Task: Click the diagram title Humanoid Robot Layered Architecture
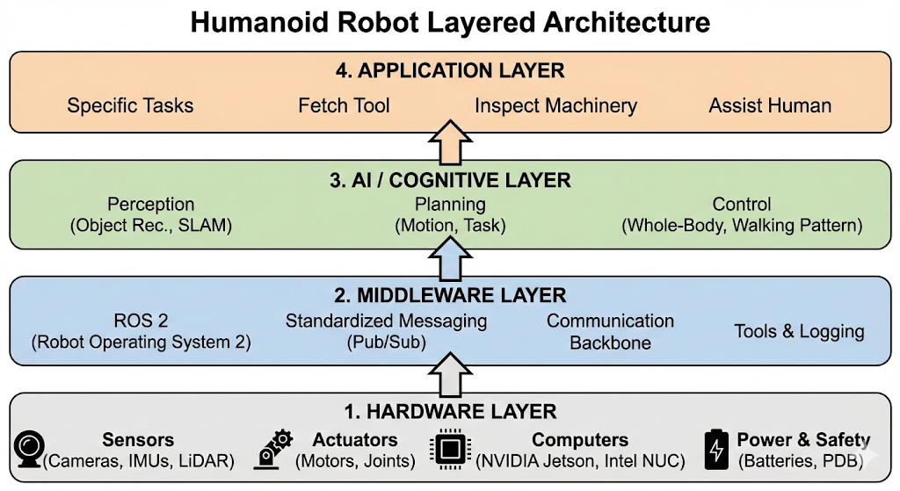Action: click(x=450, y=22)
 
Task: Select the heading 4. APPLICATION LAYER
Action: click(x=450, y=70)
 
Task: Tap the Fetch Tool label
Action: click(x=344, y=106)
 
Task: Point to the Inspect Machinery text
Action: click(x=555, y=106)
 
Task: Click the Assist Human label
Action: click(x=770, y=106)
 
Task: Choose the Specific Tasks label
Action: click(x=130, y=106)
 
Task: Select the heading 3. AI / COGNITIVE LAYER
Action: click(x=450, y=181)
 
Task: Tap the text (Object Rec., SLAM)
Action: click(x=150, y=226)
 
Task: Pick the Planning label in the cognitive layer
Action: click(x=450, y=205)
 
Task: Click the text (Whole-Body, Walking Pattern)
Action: click(x=742, y=226)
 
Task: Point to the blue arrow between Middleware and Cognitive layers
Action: click(x=450, y=261)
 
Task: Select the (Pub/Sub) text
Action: click(x=386, y=343)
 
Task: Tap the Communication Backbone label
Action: click(x=610, y=332)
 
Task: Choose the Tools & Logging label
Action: click(x=799, y=332)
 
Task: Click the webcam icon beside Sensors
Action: click(x=27, y=449)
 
